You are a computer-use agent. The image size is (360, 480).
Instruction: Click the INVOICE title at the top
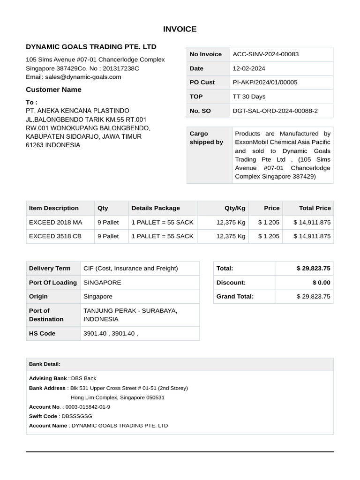[180, 29]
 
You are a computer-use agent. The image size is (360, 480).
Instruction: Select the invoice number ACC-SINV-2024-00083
[265, 54]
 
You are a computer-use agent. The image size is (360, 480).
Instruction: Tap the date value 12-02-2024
[249, 68]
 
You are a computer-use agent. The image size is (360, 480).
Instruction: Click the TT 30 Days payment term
[249, 97]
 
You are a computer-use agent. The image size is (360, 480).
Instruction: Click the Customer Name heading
[53, 90]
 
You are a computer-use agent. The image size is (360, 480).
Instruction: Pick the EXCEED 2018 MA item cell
[55, 222]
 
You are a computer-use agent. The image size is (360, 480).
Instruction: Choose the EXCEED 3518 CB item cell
[55, 236]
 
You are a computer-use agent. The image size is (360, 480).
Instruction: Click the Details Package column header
[156, 208]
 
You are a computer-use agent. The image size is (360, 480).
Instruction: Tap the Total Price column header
[315, 208]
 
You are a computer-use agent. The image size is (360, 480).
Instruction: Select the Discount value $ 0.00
[321, 283]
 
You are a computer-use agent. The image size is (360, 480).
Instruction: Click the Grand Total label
[235, 296]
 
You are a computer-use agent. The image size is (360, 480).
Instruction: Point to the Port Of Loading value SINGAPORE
[102, 283]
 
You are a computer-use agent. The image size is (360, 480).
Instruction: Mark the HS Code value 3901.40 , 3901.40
[111, 333]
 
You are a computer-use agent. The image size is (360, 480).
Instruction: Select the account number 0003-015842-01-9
[88, 407]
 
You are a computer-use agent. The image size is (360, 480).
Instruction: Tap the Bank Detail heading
[45, 364]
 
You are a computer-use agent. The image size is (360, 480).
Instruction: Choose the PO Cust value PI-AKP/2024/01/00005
[265, 82]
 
